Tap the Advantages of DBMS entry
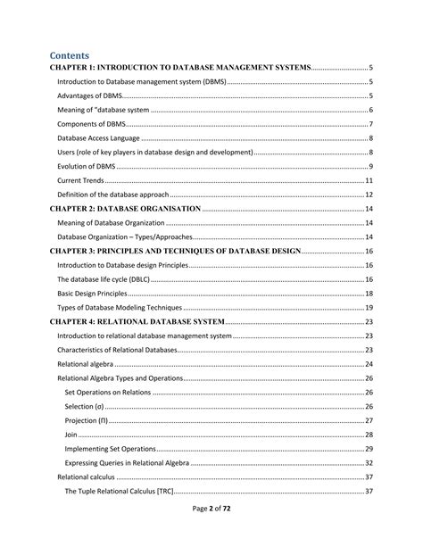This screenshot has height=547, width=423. [x=89, y=95]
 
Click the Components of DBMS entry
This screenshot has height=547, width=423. [x=91, y=124]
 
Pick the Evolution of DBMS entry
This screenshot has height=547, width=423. [x=87, y=167]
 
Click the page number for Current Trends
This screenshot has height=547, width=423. [x=369, y=180]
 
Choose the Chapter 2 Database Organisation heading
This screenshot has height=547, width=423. [x=126, y=209]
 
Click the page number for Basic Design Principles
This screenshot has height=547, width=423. [x=369, y=294]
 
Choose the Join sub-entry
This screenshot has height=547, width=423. [x=71, y=435]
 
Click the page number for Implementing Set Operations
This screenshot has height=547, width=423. [x=369, y=449]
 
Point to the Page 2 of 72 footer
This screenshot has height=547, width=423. [x=211, y=532]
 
